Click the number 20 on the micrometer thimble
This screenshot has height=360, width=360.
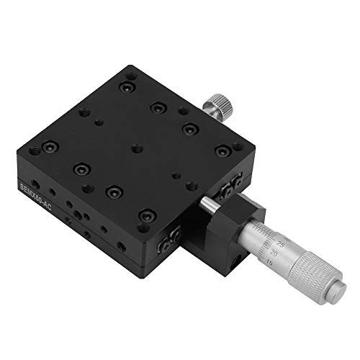click(274, 253)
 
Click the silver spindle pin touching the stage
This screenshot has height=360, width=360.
click(209, 205)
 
